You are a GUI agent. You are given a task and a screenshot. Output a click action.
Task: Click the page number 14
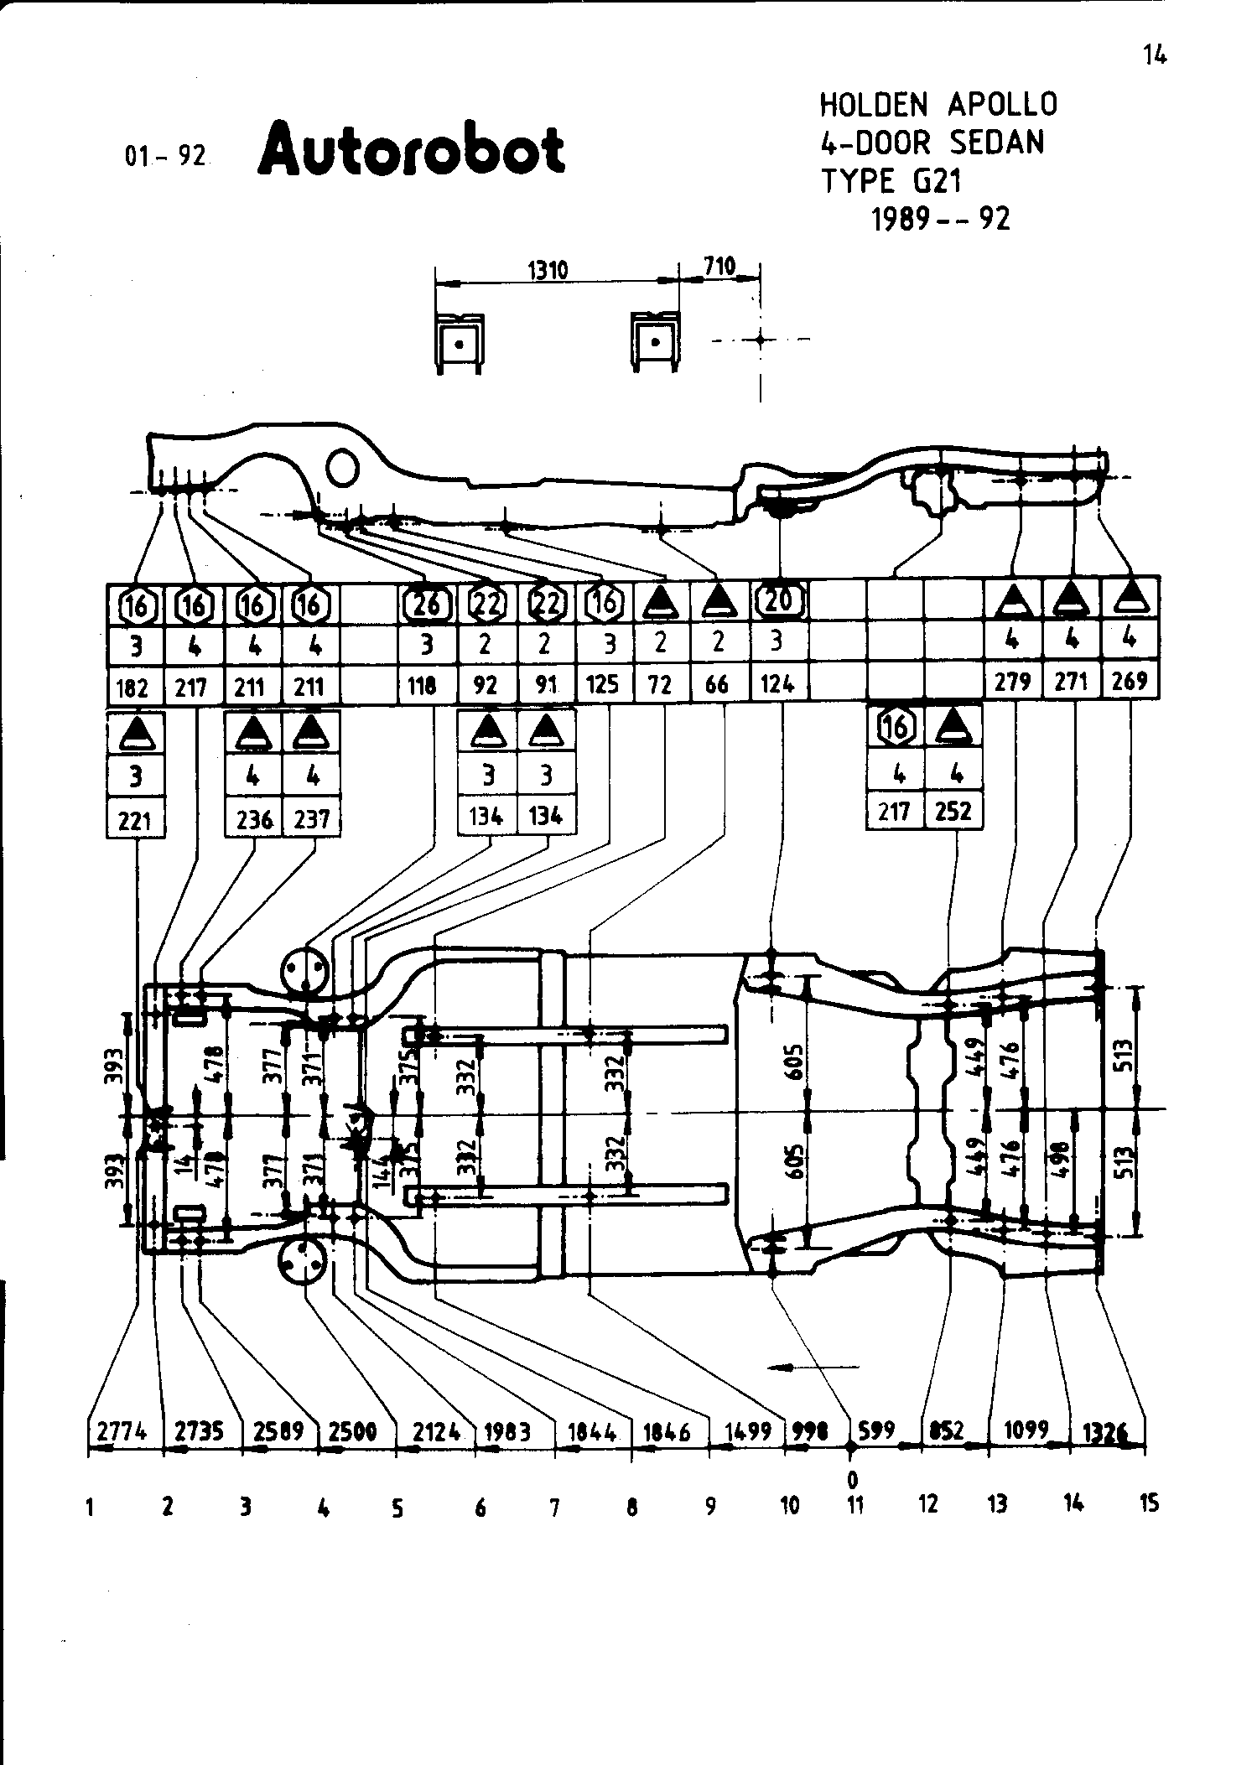(1154, 55)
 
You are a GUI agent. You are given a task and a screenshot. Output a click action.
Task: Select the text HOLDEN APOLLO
(938, 105)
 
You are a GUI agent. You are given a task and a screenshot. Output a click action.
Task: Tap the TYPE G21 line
(891, 180)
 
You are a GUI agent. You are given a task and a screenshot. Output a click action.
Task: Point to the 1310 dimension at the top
(548, 270)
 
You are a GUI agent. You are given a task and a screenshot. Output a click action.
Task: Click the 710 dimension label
(719, 267)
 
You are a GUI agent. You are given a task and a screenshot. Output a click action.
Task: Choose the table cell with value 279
(1012, 681)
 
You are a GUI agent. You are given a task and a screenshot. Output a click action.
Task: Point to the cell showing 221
(135, 821)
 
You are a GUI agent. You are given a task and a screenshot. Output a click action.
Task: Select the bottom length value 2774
(122, 1431)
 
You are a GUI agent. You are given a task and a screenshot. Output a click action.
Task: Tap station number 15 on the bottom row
(1149, 1503)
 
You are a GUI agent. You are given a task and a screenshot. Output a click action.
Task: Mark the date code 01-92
(164, 156)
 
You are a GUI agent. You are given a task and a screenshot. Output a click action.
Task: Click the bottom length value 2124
(435, 1432)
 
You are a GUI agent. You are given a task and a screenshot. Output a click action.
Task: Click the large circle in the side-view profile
(343, 466)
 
